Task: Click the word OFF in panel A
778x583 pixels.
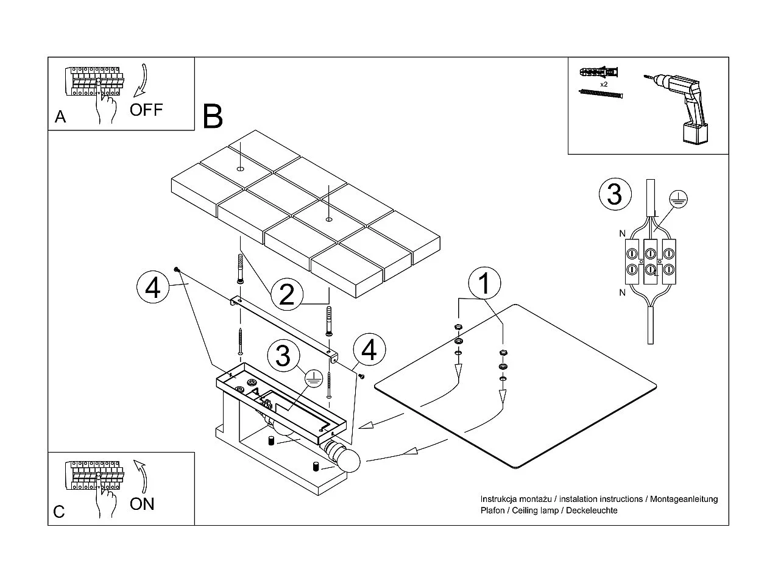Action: click(x=146, y=110)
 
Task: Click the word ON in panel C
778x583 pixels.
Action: click(x=142, y=504)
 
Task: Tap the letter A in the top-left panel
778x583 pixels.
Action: click(x=60, y=117)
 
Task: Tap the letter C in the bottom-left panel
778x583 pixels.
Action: click(x=59, y=512)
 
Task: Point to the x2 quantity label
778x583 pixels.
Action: click(x=604, y=84)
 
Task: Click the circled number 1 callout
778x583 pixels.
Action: click(x=485, y=283)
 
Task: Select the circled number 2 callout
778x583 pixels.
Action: click(x=286, y=294)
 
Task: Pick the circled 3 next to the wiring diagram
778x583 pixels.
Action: click(x=615, y=194)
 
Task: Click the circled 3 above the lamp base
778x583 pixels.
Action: click(x=283, y=356)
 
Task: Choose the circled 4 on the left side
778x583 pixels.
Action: click(x=153, y=288)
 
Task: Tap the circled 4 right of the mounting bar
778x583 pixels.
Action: click(x=369, y=350)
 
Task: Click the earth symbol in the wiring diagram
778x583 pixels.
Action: click(x=677, y=197)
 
